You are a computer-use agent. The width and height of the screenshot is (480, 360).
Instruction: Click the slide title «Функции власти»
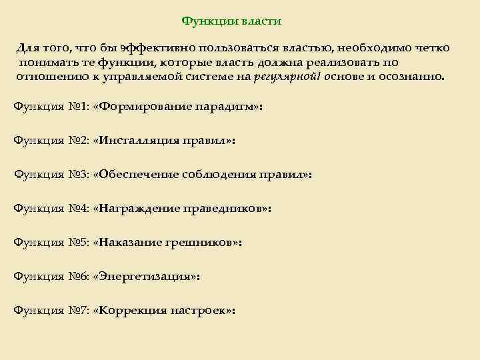[231, 21]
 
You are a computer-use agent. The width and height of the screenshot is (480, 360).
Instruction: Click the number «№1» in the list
[78, 107]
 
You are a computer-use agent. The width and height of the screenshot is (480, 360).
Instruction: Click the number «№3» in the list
[78, 175]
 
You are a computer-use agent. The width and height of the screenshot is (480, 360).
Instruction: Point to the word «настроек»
[199, 311]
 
